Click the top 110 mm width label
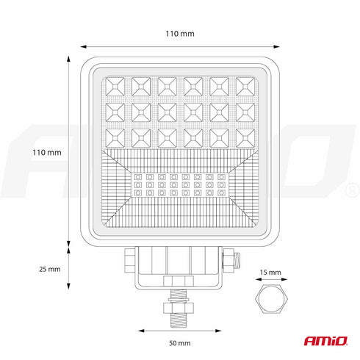point(180,34)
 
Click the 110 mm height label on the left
point(47,153)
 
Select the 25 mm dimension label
point(50,269)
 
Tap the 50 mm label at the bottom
point(180,343)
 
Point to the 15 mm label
point(270,273)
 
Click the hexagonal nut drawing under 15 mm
point(271,298)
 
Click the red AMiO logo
point(325,341)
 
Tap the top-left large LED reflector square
point(115,87)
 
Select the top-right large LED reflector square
point(245,87)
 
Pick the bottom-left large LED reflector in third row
point(115,138)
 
